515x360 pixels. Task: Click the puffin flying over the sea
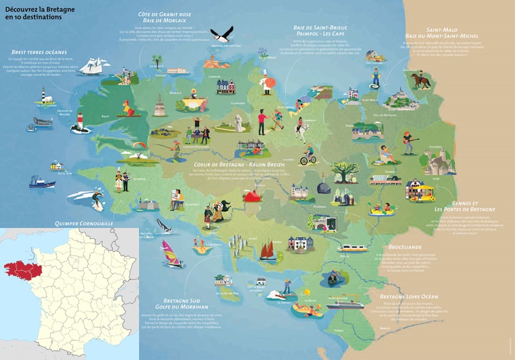(220, 33)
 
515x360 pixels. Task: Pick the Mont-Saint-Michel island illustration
(397, 98)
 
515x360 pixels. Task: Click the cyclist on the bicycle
(309, 155)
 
